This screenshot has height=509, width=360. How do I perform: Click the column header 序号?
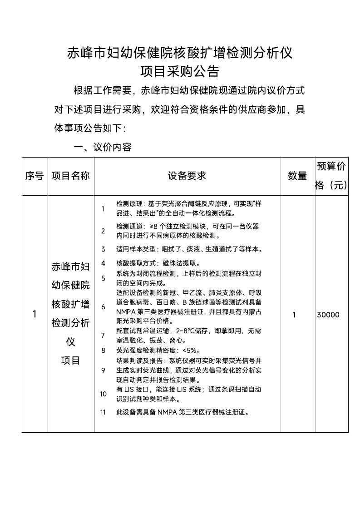(x=35, y=176)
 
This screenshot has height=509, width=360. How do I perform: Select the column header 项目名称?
(x=71, y=176)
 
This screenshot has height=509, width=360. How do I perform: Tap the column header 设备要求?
(x=187, y=176)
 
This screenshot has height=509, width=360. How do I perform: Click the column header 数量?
(x=297, y=176)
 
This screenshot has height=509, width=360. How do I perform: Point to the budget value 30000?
(x=328, y=315)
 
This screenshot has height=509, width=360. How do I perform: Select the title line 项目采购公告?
(x=180, y=72)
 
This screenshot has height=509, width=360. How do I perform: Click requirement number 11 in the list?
(x=103, y=412)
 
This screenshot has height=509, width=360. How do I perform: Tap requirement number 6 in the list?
(x=103, y=307)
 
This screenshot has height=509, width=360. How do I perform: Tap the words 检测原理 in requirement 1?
(x=128, y=205)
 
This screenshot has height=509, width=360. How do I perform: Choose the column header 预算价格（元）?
(x=331, y=176)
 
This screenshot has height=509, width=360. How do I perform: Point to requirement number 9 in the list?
(x=103, y=370)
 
